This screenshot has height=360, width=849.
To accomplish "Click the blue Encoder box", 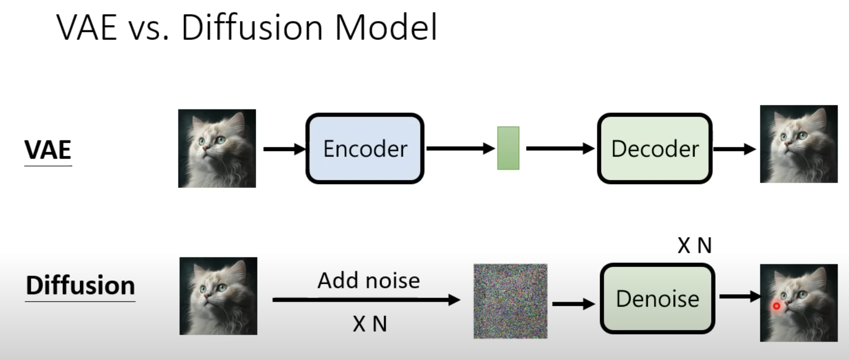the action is click(365, 149).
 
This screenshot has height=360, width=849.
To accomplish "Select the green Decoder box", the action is click(655, 149).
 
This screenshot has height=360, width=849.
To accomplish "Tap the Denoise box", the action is click(658, 298).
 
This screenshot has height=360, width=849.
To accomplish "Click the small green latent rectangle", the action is click(508, 148).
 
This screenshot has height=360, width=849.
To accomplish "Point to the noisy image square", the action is click(511, 301).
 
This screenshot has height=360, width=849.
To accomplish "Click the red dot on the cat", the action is click(776, 306).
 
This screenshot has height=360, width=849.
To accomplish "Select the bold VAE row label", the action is click(48, 150).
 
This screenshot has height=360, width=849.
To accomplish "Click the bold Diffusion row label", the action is click(80, 286).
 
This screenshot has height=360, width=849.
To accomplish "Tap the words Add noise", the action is click(368, 280).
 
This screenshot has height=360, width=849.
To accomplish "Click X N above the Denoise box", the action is click(695, 246).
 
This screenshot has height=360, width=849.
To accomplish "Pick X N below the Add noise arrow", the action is click(370, 324).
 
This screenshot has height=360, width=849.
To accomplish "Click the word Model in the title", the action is click(386, 28).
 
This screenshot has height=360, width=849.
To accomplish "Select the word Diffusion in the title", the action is click(252, 28).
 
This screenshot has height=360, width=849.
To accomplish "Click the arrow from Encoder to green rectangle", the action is click(460, 148).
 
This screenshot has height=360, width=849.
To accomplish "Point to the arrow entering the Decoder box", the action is click(561, 148).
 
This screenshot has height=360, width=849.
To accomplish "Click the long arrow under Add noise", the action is click(366, 300).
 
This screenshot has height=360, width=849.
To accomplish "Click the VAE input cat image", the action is click(217, 148).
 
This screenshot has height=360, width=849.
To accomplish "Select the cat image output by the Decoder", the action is click(799, 144).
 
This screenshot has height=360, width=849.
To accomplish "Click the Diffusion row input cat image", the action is click(218, 296).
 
